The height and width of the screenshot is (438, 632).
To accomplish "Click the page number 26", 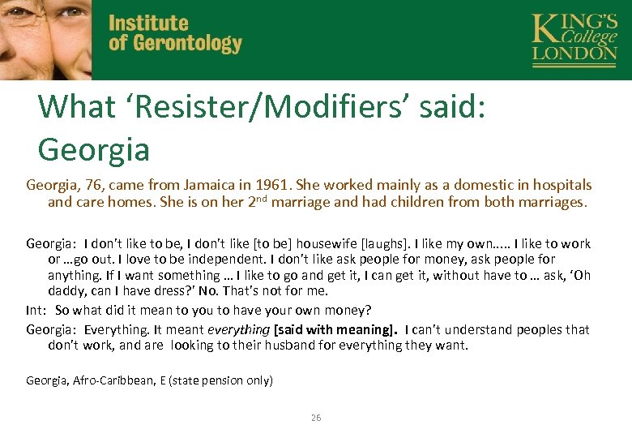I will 316,418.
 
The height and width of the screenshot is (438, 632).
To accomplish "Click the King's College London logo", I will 574,39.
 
